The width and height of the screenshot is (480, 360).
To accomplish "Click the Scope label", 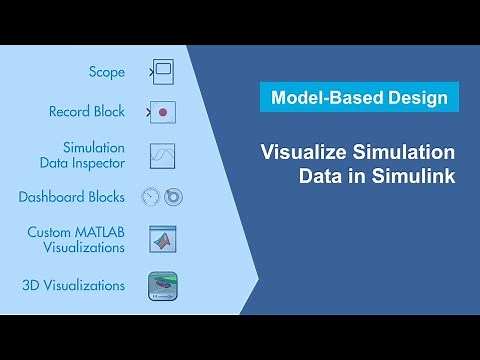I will (106, 72).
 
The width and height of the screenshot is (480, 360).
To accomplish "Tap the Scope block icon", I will (163, 72).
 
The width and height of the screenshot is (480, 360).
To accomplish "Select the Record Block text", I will (87, 112).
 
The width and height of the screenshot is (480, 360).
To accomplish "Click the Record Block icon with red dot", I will (163, 112).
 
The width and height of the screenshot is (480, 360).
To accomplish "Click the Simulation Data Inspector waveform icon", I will (163, 155).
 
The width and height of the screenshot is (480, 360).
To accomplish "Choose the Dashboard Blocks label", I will (72, 197).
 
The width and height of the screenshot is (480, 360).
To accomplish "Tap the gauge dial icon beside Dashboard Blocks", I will (151, 197).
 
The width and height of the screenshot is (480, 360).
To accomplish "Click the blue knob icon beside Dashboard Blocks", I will (173, 197).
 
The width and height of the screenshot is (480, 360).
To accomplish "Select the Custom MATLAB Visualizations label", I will (77, 240).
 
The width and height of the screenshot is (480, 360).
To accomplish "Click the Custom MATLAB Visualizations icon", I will (163, 240).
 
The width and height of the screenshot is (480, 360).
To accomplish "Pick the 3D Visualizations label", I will (74, 285).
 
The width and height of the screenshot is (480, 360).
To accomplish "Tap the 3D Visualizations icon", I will (163, 285).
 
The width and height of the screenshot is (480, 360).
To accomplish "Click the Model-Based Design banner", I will (359, 97).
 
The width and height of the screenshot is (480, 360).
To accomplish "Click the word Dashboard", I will (51, 197).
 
